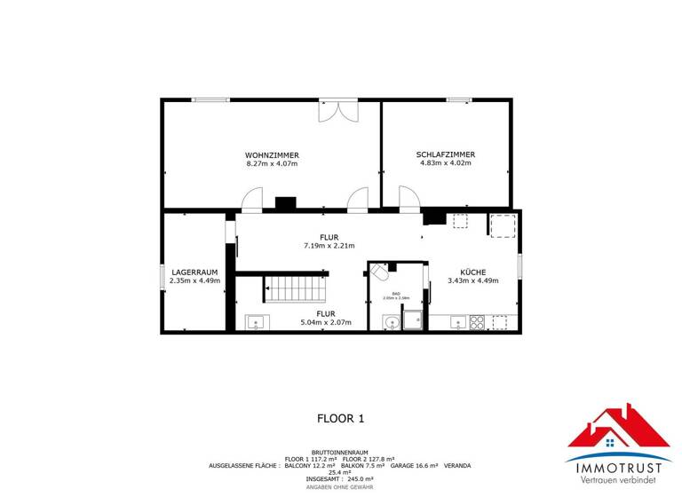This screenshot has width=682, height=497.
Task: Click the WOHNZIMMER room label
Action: [272, 154]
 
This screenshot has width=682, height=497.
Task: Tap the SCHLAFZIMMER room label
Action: [445, 154]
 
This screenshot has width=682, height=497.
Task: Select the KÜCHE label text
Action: [472, 271]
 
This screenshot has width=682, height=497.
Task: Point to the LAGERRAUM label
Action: [194, 271]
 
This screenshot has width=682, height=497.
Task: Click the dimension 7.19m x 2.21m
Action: [329, 246]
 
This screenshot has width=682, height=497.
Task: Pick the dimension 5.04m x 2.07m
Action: [326, 322]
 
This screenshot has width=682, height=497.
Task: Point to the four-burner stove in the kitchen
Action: [477, 321]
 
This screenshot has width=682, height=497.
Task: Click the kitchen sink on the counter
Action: [458, 320]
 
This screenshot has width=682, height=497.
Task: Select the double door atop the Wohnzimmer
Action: [338, 112]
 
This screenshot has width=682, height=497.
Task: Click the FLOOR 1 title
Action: [341, 417]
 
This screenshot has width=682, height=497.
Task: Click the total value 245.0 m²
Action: [356, 477]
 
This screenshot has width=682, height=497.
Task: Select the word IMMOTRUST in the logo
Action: [619, 466]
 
